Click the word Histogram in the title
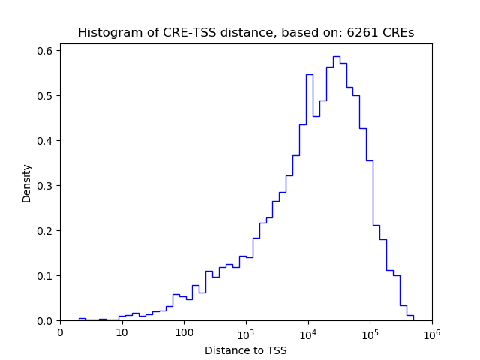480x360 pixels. coord(106,33)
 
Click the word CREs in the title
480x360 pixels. coord(397,33)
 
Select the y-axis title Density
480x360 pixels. coord(27,183)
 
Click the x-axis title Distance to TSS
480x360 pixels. coord(245,349)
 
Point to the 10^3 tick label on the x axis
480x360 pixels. coord(246,332)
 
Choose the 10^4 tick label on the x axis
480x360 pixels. coord(307,332)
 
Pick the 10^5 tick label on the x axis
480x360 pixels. coord(370,332)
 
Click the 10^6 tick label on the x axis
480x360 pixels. coord(431,332)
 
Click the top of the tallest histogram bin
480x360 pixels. coord(336,56)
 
